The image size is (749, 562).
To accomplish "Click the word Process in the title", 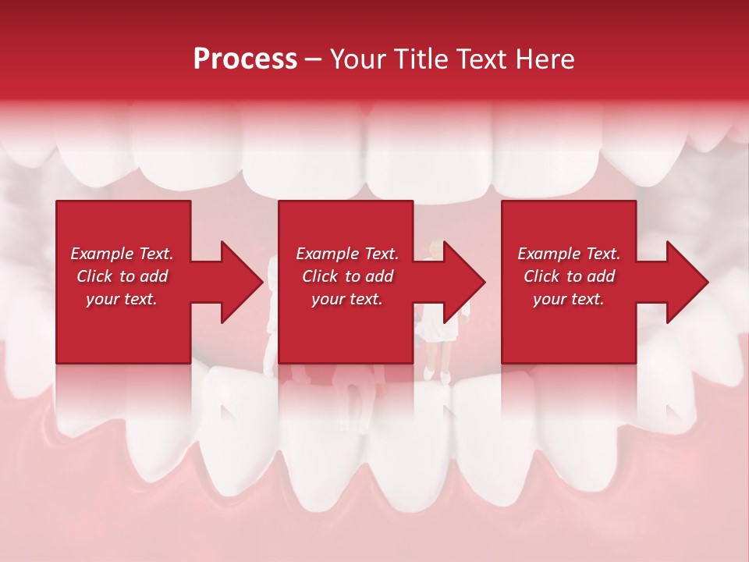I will pos(245,59).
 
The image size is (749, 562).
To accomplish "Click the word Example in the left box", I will pos(101,254).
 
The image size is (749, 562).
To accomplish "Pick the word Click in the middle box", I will pos(319,276).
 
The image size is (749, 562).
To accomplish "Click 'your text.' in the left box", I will pos(122,299).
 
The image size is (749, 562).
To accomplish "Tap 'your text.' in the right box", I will pos(569,299).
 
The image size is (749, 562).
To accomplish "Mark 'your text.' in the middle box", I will pos(346,299).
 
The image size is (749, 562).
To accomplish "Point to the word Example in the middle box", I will pos(325,254).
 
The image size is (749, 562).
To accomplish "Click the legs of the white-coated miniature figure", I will pos(437,362).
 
